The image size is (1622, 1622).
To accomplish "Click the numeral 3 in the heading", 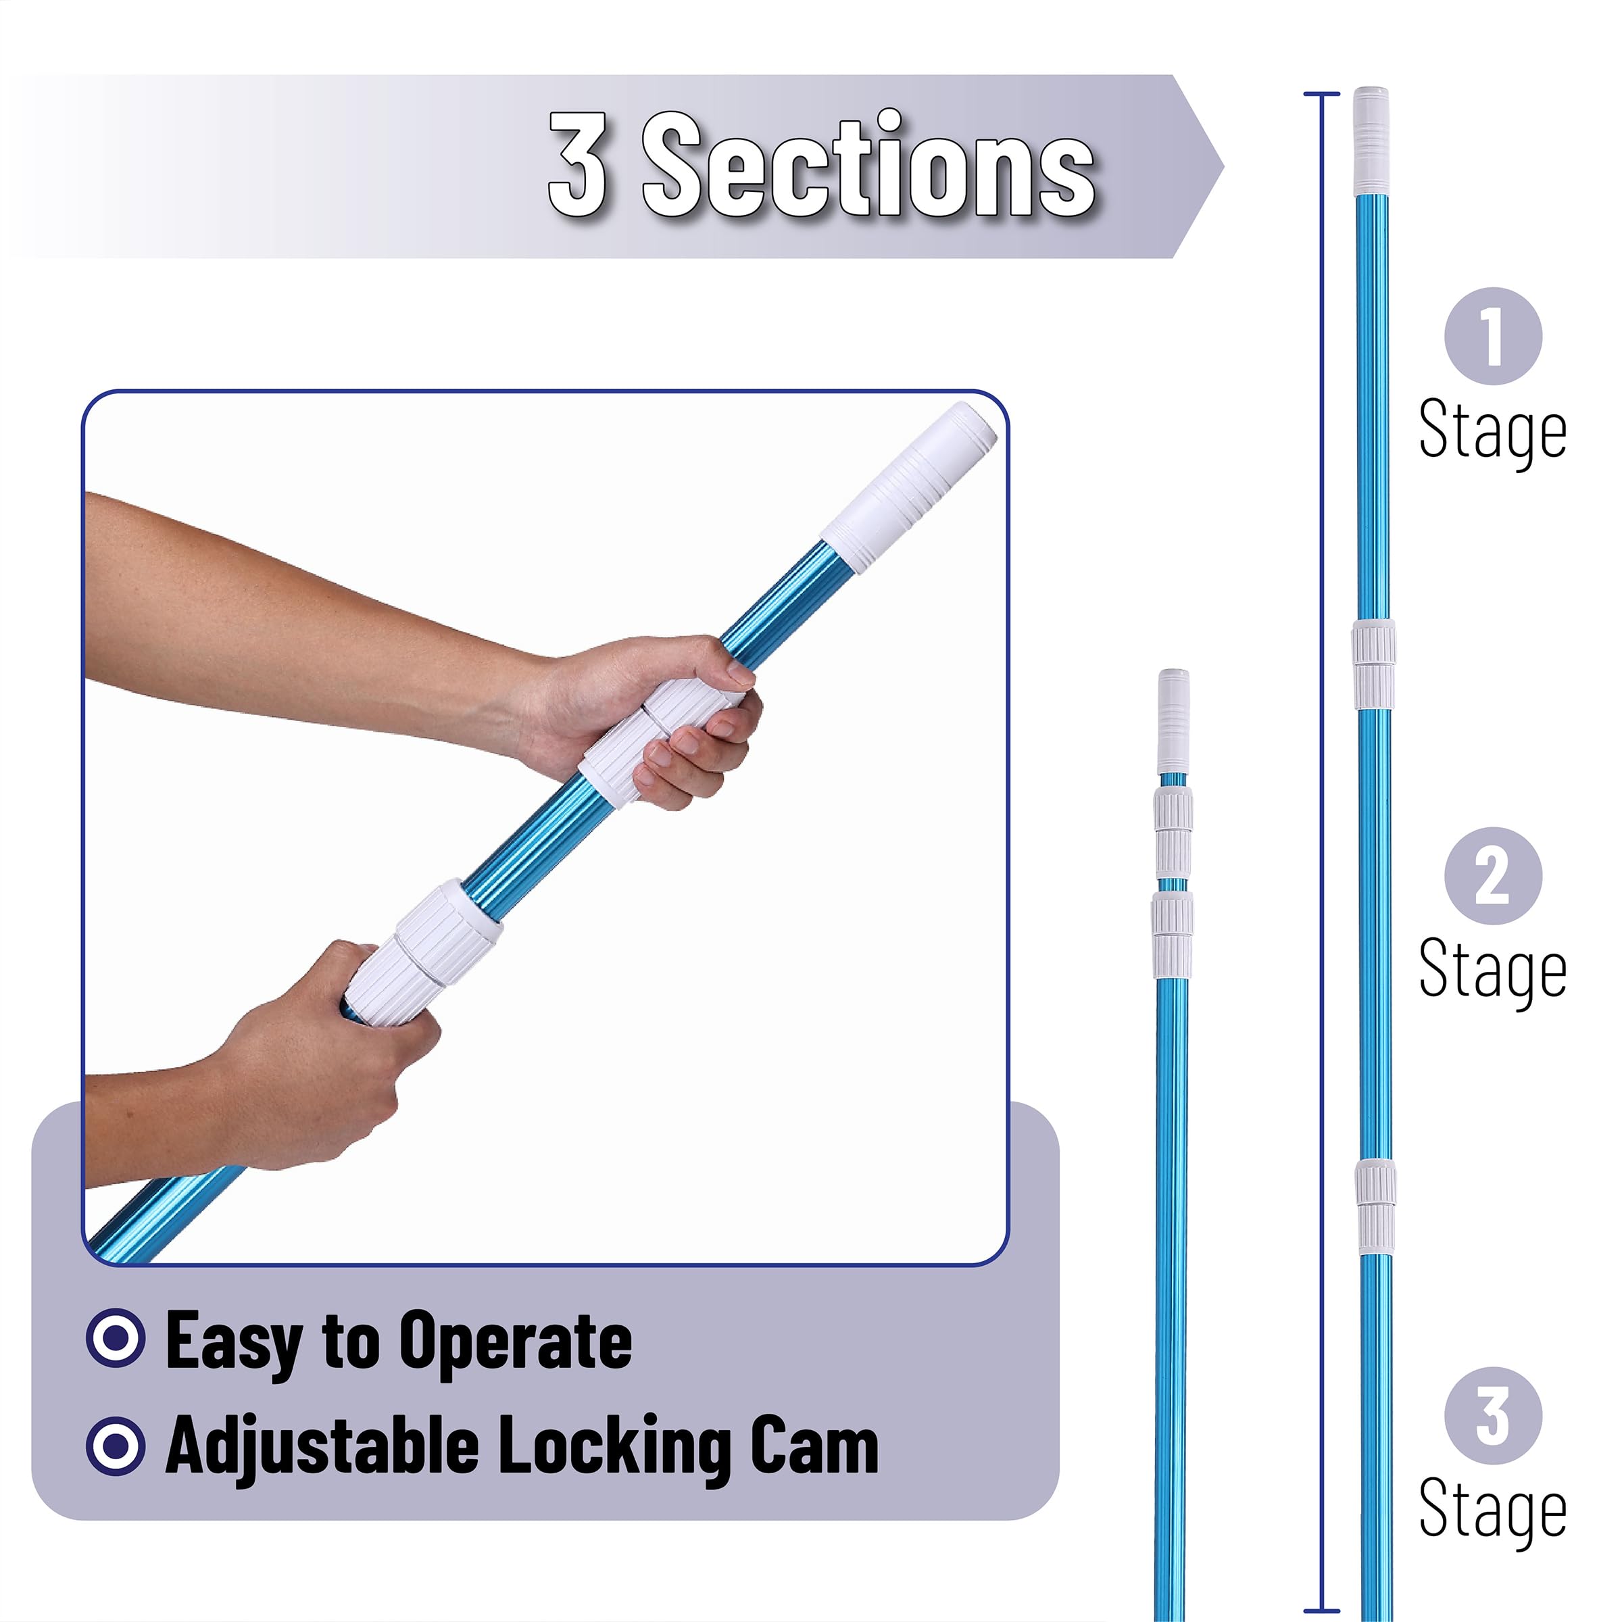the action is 579,164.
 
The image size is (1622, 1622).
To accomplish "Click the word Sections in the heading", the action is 869,164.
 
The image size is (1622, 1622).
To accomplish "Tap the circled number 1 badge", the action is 1493,337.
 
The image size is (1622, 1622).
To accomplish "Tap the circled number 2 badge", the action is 1493,877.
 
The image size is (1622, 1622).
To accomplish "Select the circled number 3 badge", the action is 1493,1417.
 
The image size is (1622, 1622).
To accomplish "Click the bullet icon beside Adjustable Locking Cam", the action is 116,1446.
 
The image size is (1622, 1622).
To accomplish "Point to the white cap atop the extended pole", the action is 1372,142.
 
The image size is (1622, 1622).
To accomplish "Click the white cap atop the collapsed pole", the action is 1174,721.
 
